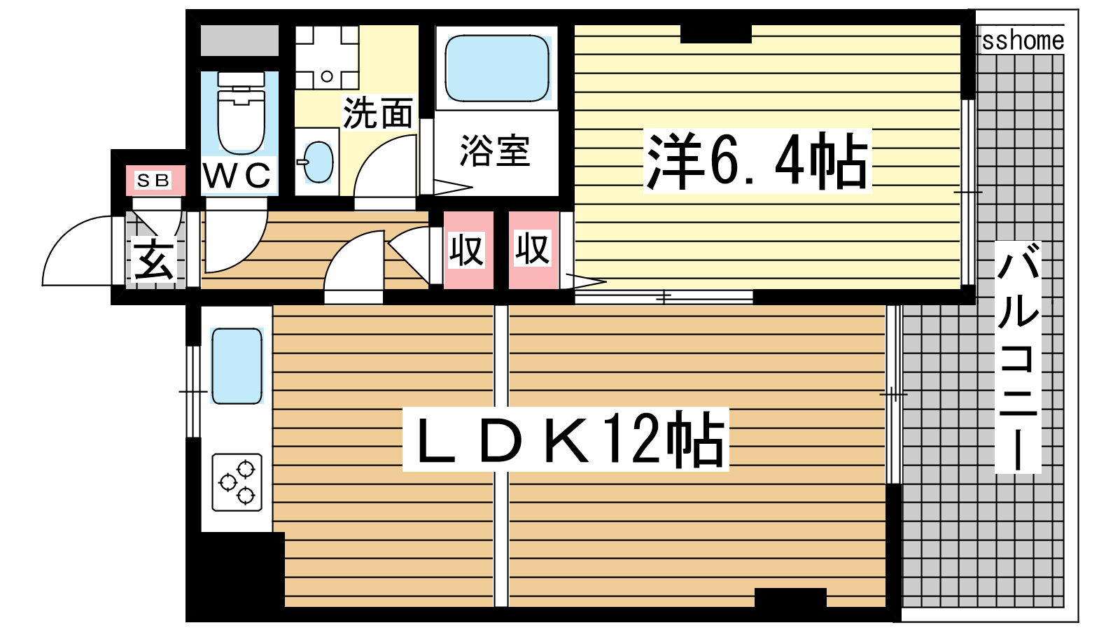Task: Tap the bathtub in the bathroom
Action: (x=496, y=68)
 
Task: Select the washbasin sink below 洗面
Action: (x=318, y=162)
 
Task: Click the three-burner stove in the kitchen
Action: (x=237, y=482)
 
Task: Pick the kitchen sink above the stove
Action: (x=237, y=366)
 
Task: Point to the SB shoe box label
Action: (x=153, y=180)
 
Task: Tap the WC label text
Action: (x=237, y=175)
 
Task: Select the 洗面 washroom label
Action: (x=379, y=113)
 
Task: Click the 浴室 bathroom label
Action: (x=494, y=150)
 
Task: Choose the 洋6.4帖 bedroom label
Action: (x=757, y=161)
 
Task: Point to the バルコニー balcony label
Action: (x=1018, y=357)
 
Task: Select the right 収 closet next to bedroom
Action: (x=533, y=250)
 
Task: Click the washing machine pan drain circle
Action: (x=327, y=76)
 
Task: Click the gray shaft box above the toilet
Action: (x=239, y=40)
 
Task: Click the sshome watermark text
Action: (x=1023, y=41)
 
